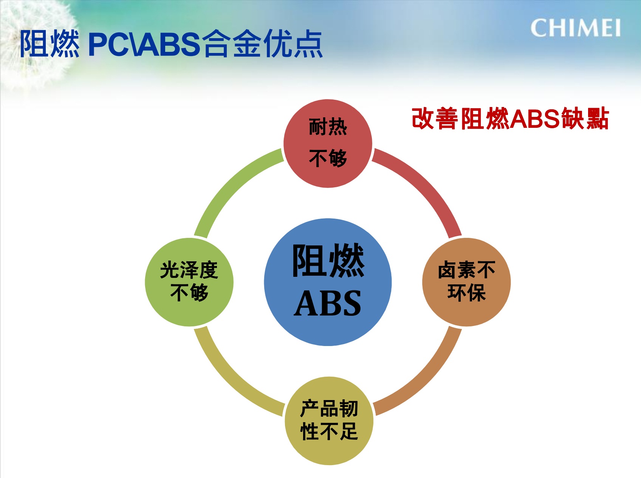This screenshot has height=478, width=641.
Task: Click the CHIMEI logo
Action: coord(575,28)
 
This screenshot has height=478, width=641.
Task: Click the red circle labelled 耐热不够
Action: coord(328,143)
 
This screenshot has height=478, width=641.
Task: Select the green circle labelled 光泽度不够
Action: coord(189,282)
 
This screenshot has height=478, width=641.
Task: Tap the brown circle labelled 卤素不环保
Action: coord(466,282)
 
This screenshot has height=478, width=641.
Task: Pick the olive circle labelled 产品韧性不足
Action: coord(329,421)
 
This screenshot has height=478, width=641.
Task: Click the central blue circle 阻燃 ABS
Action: coord(328,282)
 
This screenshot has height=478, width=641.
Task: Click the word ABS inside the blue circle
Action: coord(328,303)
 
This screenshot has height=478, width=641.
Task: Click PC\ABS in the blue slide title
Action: coord(144,44)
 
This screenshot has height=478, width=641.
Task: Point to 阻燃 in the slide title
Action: coord(50,44)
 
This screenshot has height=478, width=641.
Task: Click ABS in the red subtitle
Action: coord(535,119)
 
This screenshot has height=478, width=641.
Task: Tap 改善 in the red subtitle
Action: coord(435,119)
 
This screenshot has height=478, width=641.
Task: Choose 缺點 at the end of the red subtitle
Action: coord(585,119)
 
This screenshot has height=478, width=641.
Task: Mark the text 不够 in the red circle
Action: coord(328,158)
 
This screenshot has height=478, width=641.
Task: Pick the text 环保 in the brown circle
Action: coord(466,293)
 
